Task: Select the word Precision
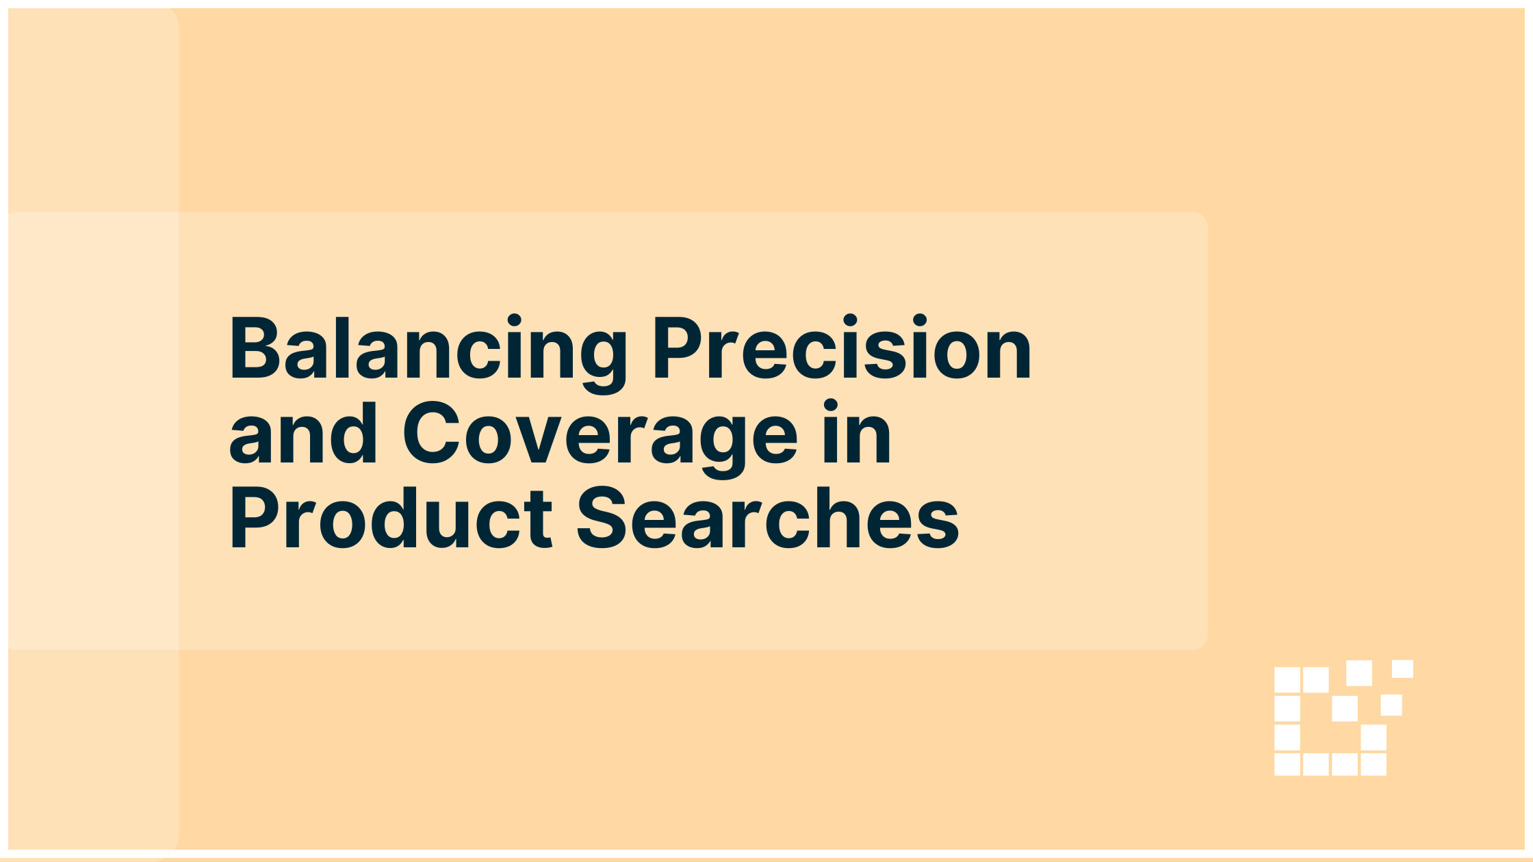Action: pyautogui.click(x=842, y=347)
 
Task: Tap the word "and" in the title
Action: pyautogui.click(x=302, y=432)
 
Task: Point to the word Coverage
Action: pyautogui.click(x=600, y=438)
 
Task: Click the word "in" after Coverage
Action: pyautogui.click(x=858, y=432)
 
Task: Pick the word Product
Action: pyautogui.click(x=391, y=517)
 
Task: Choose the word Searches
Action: pyautogui.click(x=768, y=517)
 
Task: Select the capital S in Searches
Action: pyautogui.click(x=602, y=518)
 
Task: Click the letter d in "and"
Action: pyautogui.click(x=352, y=432)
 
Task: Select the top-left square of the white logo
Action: pyautogui.click(x=1287, y=680)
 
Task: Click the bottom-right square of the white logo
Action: pyautogui.click(x=1373, y=764)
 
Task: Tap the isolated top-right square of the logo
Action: pyautogui.click(x=1402, y=668)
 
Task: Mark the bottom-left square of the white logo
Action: pyautogui.click(x=1287, y=764)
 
